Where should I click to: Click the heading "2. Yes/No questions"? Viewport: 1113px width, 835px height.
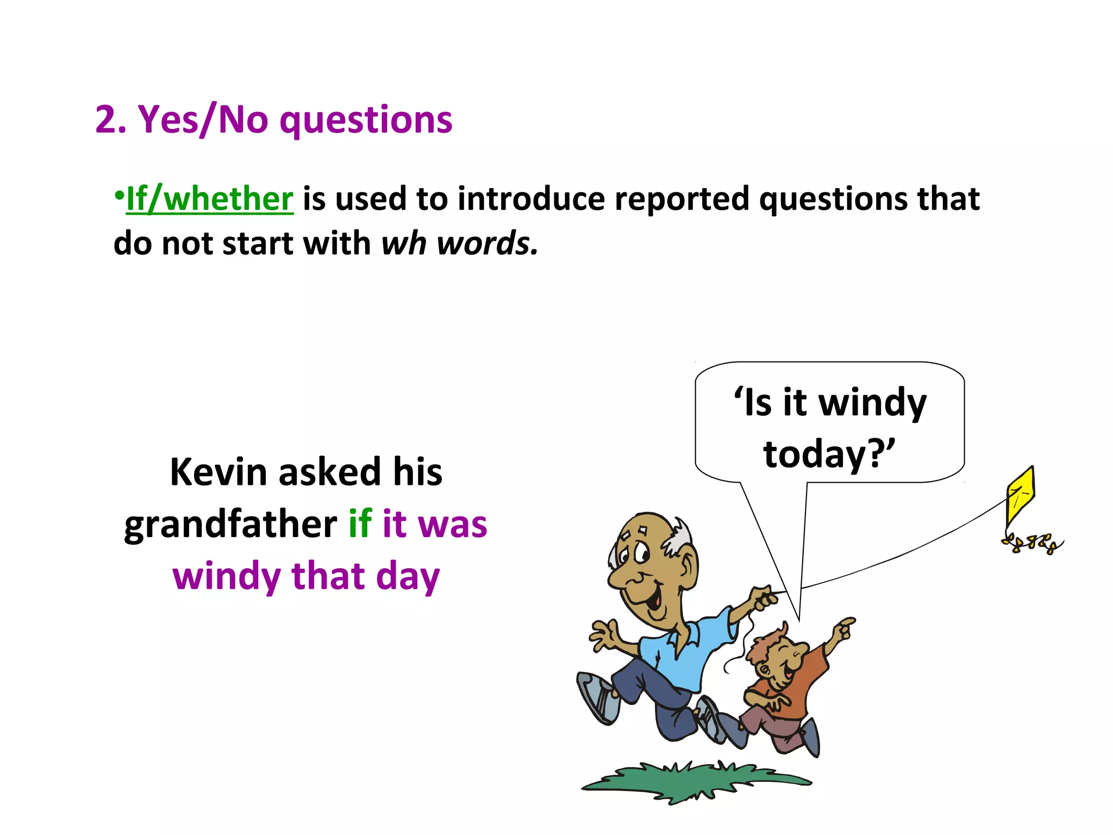tap(273, 119)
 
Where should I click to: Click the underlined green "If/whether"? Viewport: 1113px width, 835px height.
tap(210, 199)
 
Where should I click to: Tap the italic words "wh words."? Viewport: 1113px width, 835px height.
tap(459, 243)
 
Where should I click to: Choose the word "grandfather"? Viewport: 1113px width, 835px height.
tap(230, 525)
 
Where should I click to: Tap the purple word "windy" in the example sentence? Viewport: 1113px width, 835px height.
tap(226, 576)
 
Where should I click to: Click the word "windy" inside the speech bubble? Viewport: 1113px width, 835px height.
tap(872, 403)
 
